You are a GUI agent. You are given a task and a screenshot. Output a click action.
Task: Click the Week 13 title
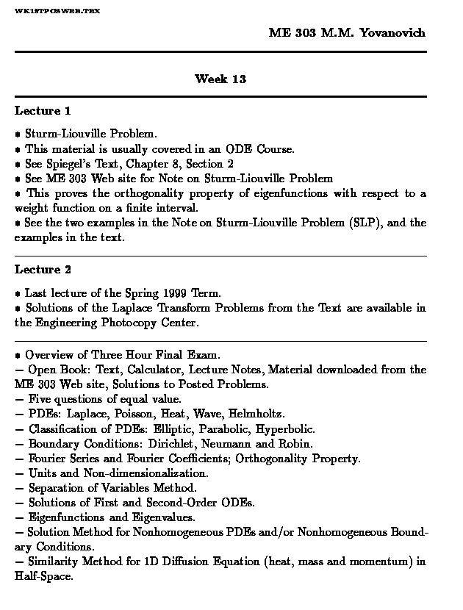220,79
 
